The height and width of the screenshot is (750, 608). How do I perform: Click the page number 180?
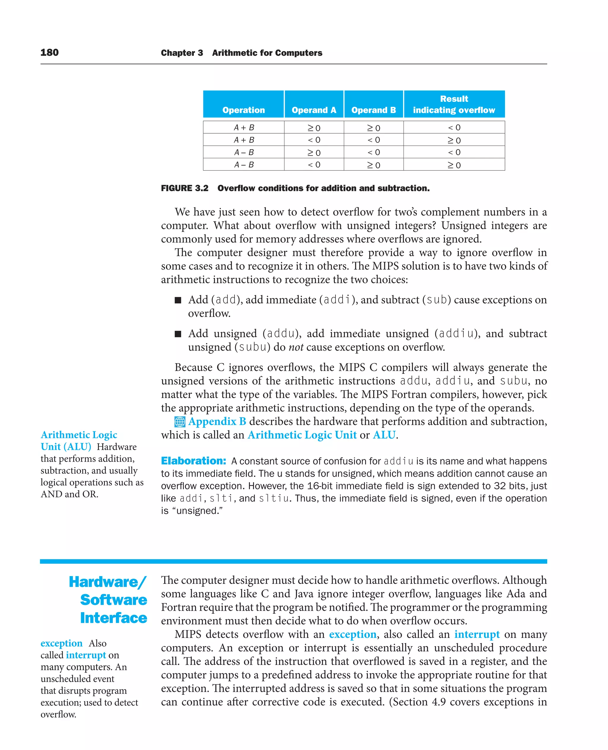49,53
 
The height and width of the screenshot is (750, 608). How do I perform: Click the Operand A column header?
314,110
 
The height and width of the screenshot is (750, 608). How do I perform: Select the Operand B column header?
373,110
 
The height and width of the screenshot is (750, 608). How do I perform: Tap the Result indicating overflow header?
454,105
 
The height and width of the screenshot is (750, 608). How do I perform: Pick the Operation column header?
243,110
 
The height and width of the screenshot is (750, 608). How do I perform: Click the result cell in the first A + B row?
454,127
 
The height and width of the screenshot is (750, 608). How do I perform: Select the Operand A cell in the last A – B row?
314,165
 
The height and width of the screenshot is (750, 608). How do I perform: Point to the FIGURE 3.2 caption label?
185,188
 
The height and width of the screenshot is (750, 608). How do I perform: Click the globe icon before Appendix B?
180,422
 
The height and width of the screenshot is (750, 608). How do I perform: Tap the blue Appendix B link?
217,421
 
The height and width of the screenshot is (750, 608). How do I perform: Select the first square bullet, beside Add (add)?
178,300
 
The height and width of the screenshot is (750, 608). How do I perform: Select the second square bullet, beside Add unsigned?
178,334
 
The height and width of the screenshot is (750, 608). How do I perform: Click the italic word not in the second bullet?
296,347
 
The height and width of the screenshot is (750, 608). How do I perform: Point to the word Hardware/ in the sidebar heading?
107,582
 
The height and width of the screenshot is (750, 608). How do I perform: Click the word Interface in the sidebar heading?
113,618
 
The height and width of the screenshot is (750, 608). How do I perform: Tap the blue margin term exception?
61,643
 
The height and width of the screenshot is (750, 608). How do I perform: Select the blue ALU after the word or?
384,435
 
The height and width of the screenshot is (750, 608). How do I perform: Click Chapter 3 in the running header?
182,53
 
